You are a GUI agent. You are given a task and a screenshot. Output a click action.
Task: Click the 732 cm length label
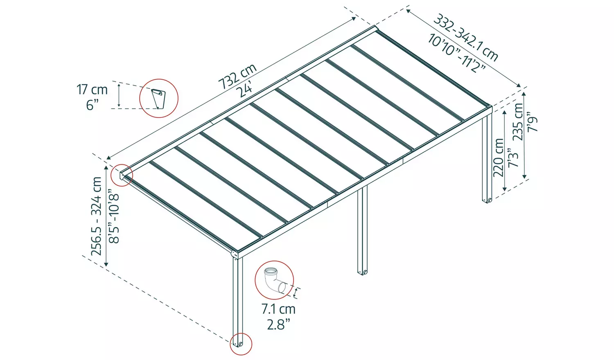237,76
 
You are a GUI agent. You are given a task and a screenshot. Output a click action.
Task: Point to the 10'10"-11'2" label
456,54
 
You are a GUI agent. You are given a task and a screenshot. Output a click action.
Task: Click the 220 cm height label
499,157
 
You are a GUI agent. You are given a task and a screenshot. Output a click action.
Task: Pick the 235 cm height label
518,122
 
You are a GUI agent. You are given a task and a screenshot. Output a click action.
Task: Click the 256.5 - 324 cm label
97,216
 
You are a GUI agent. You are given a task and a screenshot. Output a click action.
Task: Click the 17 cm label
92,90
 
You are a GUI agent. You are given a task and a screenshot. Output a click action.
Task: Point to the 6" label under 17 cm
93,105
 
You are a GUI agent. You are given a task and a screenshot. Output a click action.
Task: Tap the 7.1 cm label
278,309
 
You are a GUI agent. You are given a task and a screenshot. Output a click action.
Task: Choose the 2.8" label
278,324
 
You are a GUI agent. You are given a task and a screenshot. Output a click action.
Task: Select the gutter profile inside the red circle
158,99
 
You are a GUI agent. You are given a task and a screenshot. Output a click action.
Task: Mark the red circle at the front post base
240,343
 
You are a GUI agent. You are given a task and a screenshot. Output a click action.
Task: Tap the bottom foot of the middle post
362,271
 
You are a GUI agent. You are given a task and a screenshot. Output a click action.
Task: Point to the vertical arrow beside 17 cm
119,95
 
